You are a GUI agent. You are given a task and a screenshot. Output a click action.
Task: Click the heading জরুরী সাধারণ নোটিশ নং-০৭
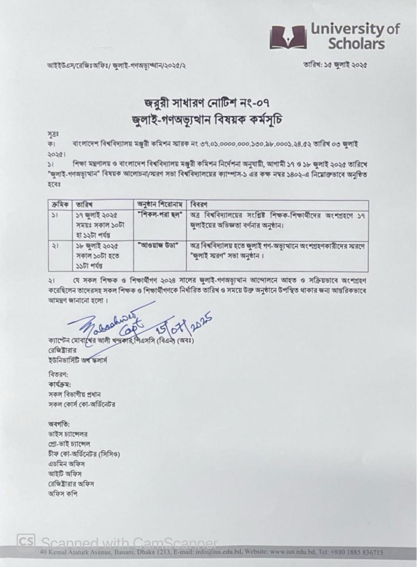[208, 104]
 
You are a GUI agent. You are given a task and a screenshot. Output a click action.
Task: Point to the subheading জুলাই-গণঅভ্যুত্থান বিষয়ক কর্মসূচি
[208, 119]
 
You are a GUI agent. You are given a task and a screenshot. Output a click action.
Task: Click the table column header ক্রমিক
[61, 205]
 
